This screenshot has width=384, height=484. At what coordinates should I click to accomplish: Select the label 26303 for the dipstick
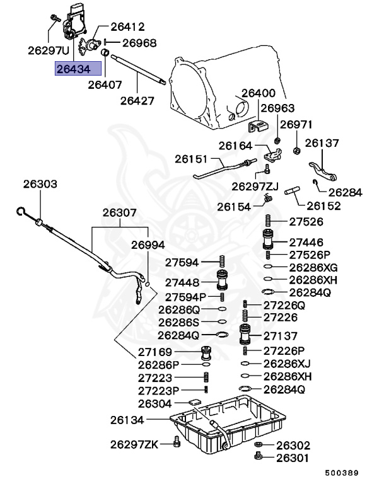click(40, 185)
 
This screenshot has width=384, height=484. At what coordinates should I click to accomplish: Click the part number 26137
click(322, 143)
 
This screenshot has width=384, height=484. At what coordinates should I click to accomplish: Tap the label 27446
click(306, 243)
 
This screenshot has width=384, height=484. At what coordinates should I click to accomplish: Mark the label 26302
click(293, 444)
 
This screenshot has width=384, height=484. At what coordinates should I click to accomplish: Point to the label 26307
click(120, 213)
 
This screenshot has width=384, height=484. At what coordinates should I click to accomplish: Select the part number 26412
click(128, 27)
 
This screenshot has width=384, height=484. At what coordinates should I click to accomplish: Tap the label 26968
click(139, 43)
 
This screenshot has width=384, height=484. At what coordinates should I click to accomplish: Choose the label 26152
click(324, 205)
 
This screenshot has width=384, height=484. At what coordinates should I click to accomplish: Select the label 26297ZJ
click(255, 187)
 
